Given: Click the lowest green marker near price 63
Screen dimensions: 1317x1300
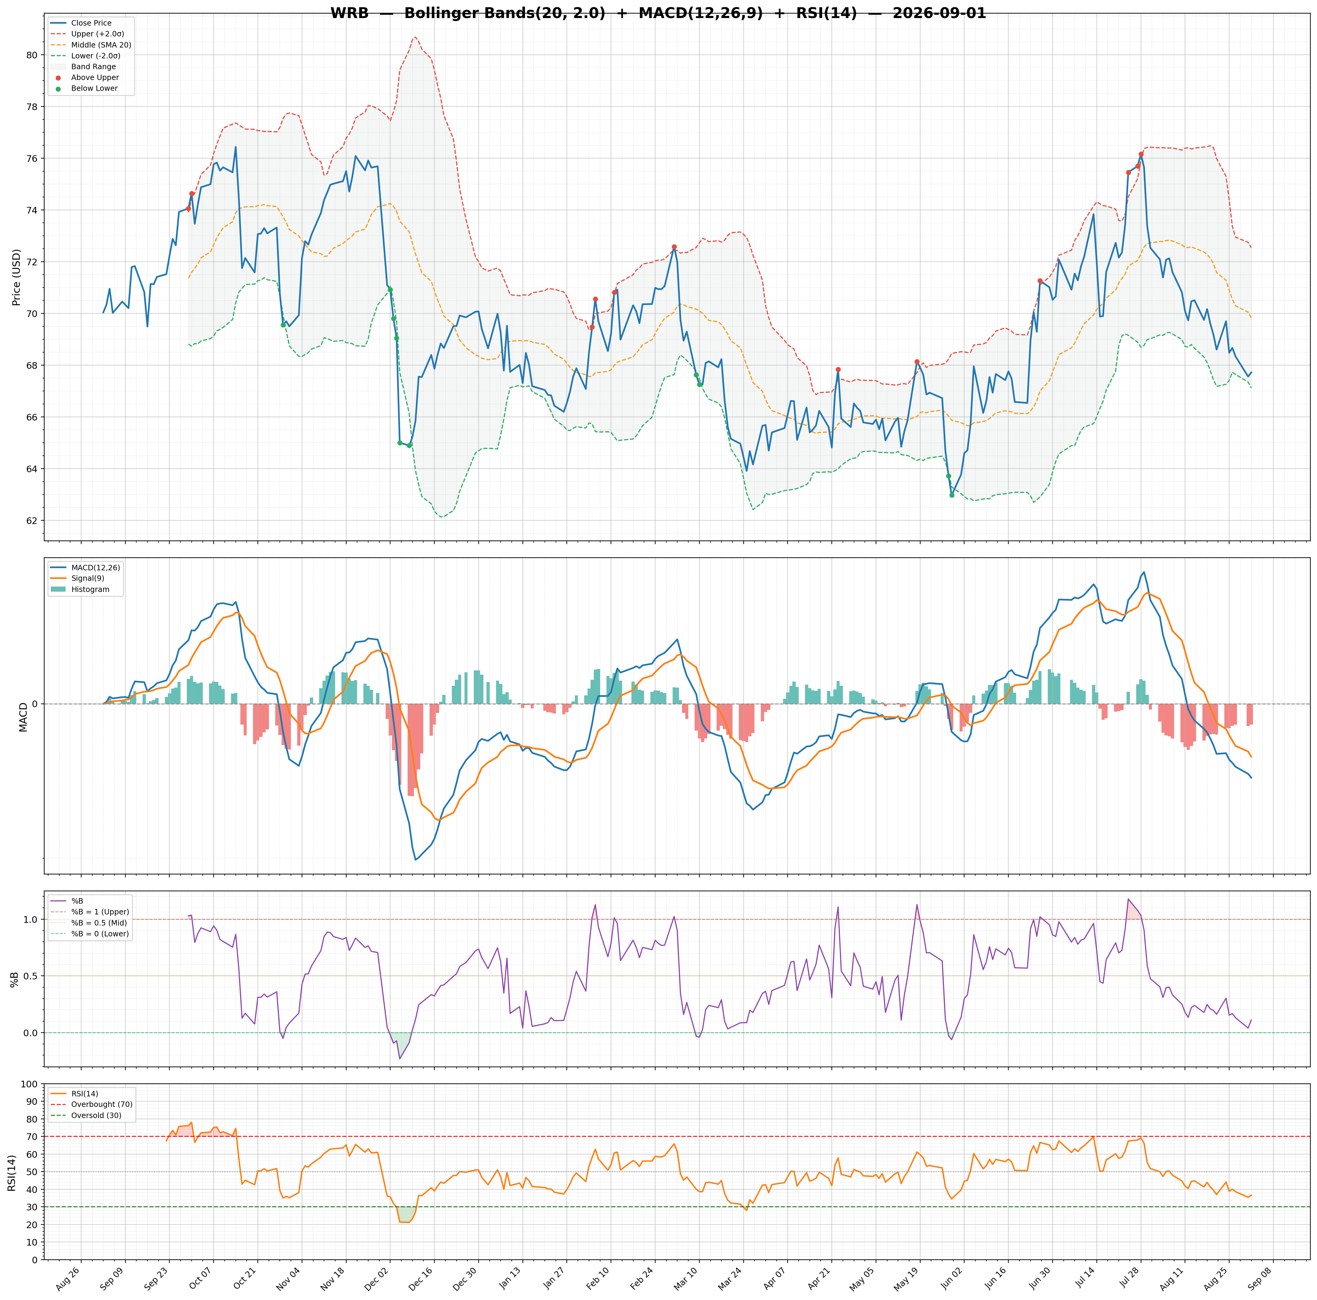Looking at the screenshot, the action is point(952,495).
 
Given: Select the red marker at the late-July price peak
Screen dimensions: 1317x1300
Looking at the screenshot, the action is point(1141,154).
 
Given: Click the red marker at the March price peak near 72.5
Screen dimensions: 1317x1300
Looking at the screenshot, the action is point(674,247).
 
